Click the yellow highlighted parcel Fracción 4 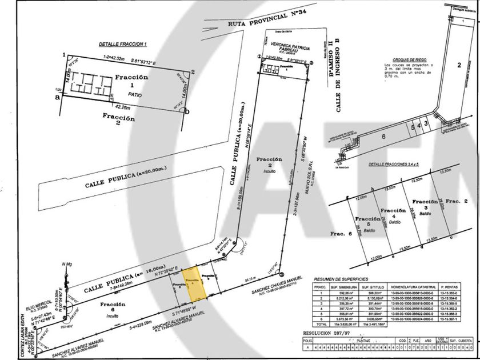193,283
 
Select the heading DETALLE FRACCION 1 123,44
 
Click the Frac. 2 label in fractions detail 457,201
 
